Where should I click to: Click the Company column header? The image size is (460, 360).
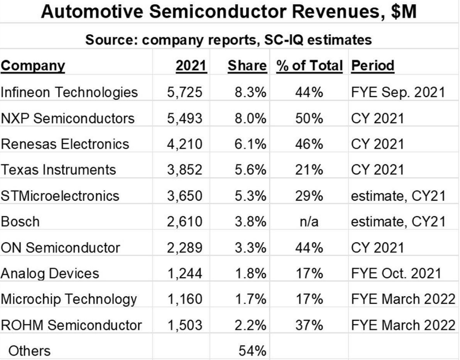coord(33,66)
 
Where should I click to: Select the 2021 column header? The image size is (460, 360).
coord(191,66)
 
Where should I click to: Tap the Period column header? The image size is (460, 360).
coord(372,66)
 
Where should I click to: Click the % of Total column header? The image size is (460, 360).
coord(309,66)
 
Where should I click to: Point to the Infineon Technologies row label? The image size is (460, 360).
coord(69,92)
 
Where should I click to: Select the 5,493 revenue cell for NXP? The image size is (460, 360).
coord(184,118)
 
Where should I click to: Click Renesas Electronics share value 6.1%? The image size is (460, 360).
coord(251,144)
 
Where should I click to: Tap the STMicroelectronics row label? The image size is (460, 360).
coord(60,195)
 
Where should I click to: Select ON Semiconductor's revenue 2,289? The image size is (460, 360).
coord(184,247)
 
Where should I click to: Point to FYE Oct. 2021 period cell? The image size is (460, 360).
coord(395,273)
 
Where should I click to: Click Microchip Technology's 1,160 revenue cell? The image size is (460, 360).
coord(184,299)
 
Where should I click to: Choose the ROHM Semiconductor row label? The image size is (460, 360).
coord(71,325)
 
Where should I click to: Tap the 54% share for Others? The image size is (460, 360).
coord(252,351)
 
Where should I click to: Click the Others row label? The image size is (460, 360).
coord(29,351)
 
